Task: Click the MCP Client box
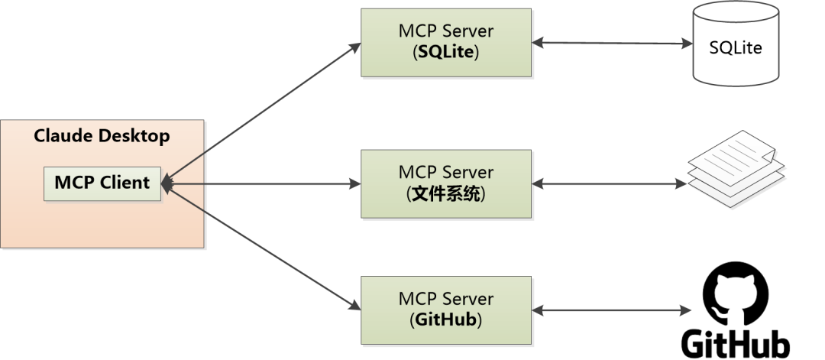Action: click(x=102, y=183)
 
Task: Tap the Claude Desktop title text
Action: click(x=102, y=136)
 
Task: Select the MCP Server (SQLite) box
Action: click(x=445, y=43)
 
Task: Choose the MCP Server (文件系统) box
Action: click(x=445, y=183)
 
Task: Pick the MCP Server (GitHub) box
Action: click(x=445, y=310)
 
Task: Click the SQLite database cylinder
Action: click(x=736, y=43)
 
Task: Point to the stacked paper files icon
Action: click(x=736, y=168)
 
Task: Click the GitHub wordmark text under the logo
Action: click(x=736, y=344)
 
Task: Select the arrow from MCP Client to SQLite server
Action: click(x=261, y=113)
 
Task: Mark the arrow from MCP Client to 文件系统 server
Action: click(x=261, y=183)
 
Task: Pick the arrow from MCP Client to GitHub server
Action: click(x=261, y=247)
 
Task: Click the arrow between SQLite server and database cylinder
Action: click(x=612, y=43)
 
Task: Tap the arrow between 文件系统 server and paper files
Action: click(x=610, y=183)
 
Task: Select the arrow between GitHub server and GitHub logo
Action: click(x=611, y=310)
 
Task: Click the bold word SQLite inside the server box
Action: click(x=446, y=53)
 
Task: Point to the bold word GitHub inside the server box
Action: click(x=445, y=320)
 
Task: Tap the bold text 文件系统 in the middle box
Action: click(x=446, y=194)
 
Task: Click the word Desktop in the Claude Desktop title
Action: click(x=134, y=136)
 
